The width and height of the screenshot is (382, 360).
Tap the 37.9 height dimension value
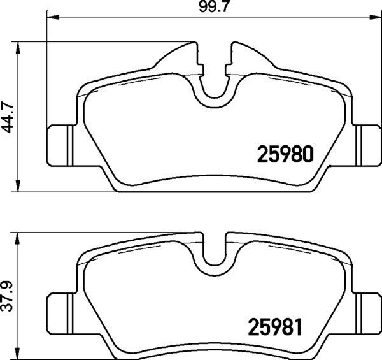(8, 296)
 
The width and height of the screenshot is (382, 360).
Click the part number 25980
(285, 154)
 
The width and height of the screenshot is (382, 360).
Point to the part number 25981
(275, 327)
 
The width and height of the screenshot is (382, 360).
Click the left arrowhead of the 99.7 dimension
(53, 17)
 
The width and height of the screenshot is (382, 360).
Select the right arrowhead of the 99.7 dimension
(376, 17)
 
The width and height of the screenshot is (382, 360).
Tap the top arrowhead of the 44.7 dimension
(18, 48)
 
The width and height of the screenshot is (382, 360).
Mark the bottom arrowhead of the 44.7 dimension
(18, 185)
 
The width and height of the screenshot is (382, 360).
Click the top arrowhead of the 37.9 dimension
(18, 238)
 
